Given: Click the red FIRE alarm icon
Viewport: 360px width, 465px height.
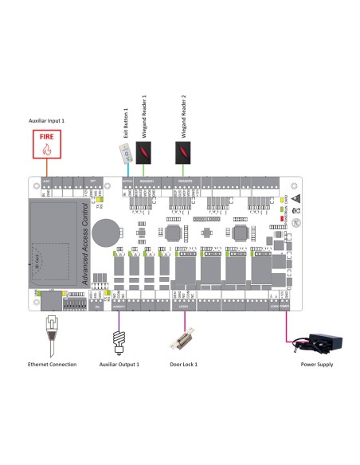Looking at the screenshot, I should point(47,147).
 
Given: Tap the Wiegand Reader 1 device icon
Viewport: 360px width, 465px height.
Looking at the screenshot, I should point(143,154).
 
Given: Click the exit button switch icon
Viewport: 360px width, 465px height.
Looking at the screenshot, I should point(127,152).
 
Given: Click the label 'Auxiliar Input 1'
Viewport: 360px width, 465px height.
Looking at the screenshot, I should point(46,120).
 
